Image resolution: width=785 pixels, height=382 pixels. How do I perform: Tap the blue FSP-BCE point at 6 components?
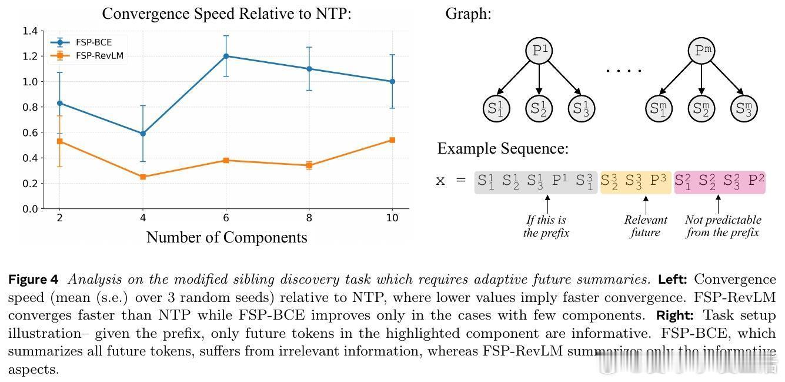(x=226, y=56)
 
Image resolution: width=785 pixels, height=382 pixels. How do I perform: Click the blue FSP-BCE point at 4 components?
(x=143, y=134)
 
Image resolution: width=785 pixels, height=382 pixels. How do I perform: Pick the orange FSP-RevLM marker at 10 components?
(x=392, y=140)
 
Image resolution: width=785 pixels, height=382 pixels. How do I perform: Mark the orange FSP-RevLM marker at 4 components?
(x=143, y=177)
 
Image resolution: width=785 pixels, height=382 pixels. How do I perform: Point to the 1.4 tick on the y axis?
(x=30, y=31)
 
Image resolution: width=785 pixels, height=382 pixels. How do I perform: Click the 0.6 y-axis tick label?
(x=30, y=132)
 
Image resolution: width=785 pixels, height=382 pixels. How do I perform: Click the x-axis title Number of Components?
(x=226, y=237)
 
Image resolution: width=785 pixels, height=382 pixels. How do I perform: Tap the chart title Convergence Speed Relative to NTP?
(x=226, y=13)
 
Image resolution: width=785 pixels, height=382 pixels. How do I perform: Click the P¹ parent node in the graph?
(x=539, y=51)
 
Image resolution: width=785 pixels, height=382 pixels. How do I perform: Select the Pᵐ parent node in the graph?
(x=701, y=51)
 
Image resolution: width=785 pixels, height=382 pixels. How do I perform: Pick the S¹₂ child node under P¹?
(x=539, y=108)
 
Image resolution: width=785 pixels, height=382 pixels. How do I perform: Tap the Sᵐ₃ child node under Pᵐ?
(x=743, y=108)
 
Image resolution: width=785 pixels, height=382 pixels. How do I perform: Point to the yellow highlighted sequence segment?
(x=635, y=182)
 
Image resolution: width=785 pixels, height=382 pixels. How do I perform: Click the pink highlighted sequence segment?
(x=719, y=182)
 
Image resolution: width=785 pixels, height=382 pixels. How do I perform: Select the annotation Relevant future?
(x=646, y=226)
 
